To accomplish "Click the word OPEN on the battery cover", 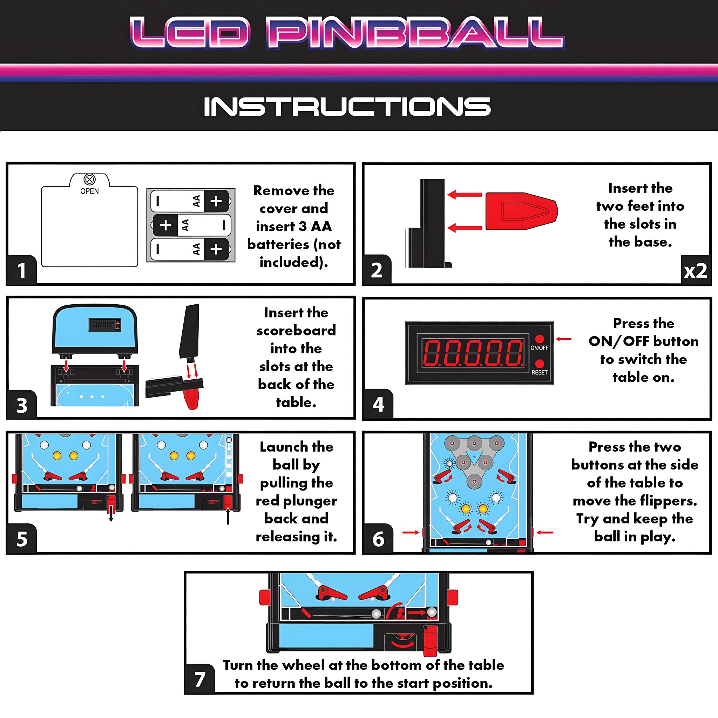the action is pyautogui.click(x=89, y=191).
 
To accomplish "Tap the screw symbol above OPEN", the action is pyautogui.click(x=89, y=179).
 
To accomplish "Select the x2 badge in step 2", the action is pyautogui.click(x=695, y=271).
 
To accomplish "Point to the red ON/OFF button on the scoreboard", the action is pyautogui.click(x=540, y=339).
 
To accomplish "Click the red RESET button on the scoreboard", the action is pyautogui.click(x=540, y=364).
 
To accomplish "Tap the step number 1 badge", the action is pyautogui.click(x=21, y=270).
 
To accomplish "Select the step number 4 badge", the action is pyautogui.click(x=378, y=404).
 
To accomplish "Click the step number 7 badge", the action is pyautogui.click(x=200, y=679).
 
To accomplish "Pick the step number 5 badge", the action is pyautogui.click(x=21, y=538).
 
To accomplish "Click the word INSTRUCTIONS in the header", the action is pyautogui.click(x=347, y=106).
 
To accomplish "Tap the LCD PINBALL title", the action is pyautogui.click(x=347, y=33).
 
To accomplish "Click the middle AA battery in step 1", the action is pyautogui.click(x=191, y=225).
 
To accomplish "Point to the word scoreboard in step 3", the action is pyautogui.click(x=296, y=331).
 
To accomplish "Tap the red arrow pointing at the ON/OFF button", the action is pyautogui.click(x=563, y=339).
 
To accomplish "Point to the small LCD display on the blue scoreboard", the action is pyautogui.click(x=105, y=324).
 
